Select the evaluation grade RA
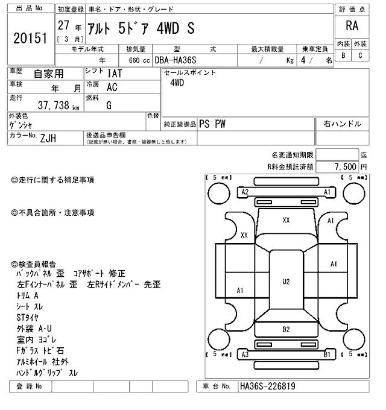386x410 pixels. click(x=351, y=27)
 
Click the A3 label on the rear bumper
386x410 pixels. click(x=245, y=355)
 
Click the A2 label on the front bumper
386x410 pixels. click(x=245, y=192)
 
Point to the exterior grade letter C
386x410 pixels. click(x=360, y=55)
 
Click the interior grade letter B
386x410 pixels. click(x=343, y=55)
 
